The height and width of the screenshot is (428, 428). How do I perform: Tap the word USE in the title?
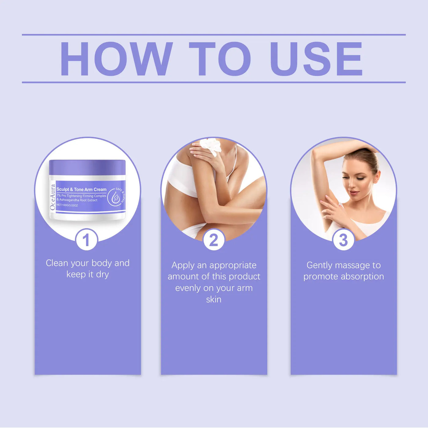[x=316, y=59]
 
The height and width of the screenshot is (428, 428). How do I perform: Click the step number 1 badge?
[x=87, y=240]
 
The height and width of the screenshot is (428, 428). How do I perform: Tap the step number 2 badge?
[x=214, y=240]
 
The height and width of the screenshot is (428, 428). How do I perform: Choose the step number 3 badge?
[x=343, y=240]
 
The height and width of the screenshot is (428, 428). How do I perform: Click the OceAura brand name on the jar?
[x=53, y=197]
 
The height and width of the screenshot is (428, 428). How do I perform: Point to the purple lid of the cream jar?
[x=87, y=167]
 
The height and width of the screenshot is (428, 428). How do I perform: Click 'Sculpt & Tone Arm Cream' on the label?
[x=81, y=190]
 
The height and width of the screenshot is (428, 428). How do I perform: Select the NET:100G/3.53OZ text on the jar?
[x=67, y=205]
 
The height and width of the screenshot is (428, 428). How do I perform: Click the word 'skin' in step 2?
[x=214, y=299]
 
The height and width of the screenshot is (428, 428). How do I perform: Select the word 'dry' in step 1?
[x=102, y=275]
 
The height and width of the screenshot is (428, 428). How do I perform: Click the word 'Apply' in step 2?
[x=183, y=265]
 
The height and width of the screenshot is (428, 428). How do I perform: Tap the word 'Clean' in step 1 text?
[x=57, y=263]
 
